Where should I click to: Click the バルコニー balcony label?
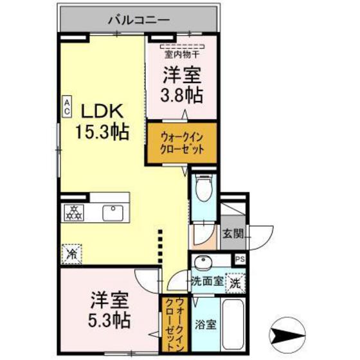point(138,20)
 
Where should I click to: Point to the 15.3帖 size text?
point(101,132)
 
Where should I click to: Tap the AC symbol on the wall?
point(66,105)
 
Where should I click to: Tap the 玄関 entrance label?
point(232,235)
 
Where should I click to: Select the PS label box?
point(240,259)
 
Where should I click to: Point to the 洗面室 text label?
point(208,281)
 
